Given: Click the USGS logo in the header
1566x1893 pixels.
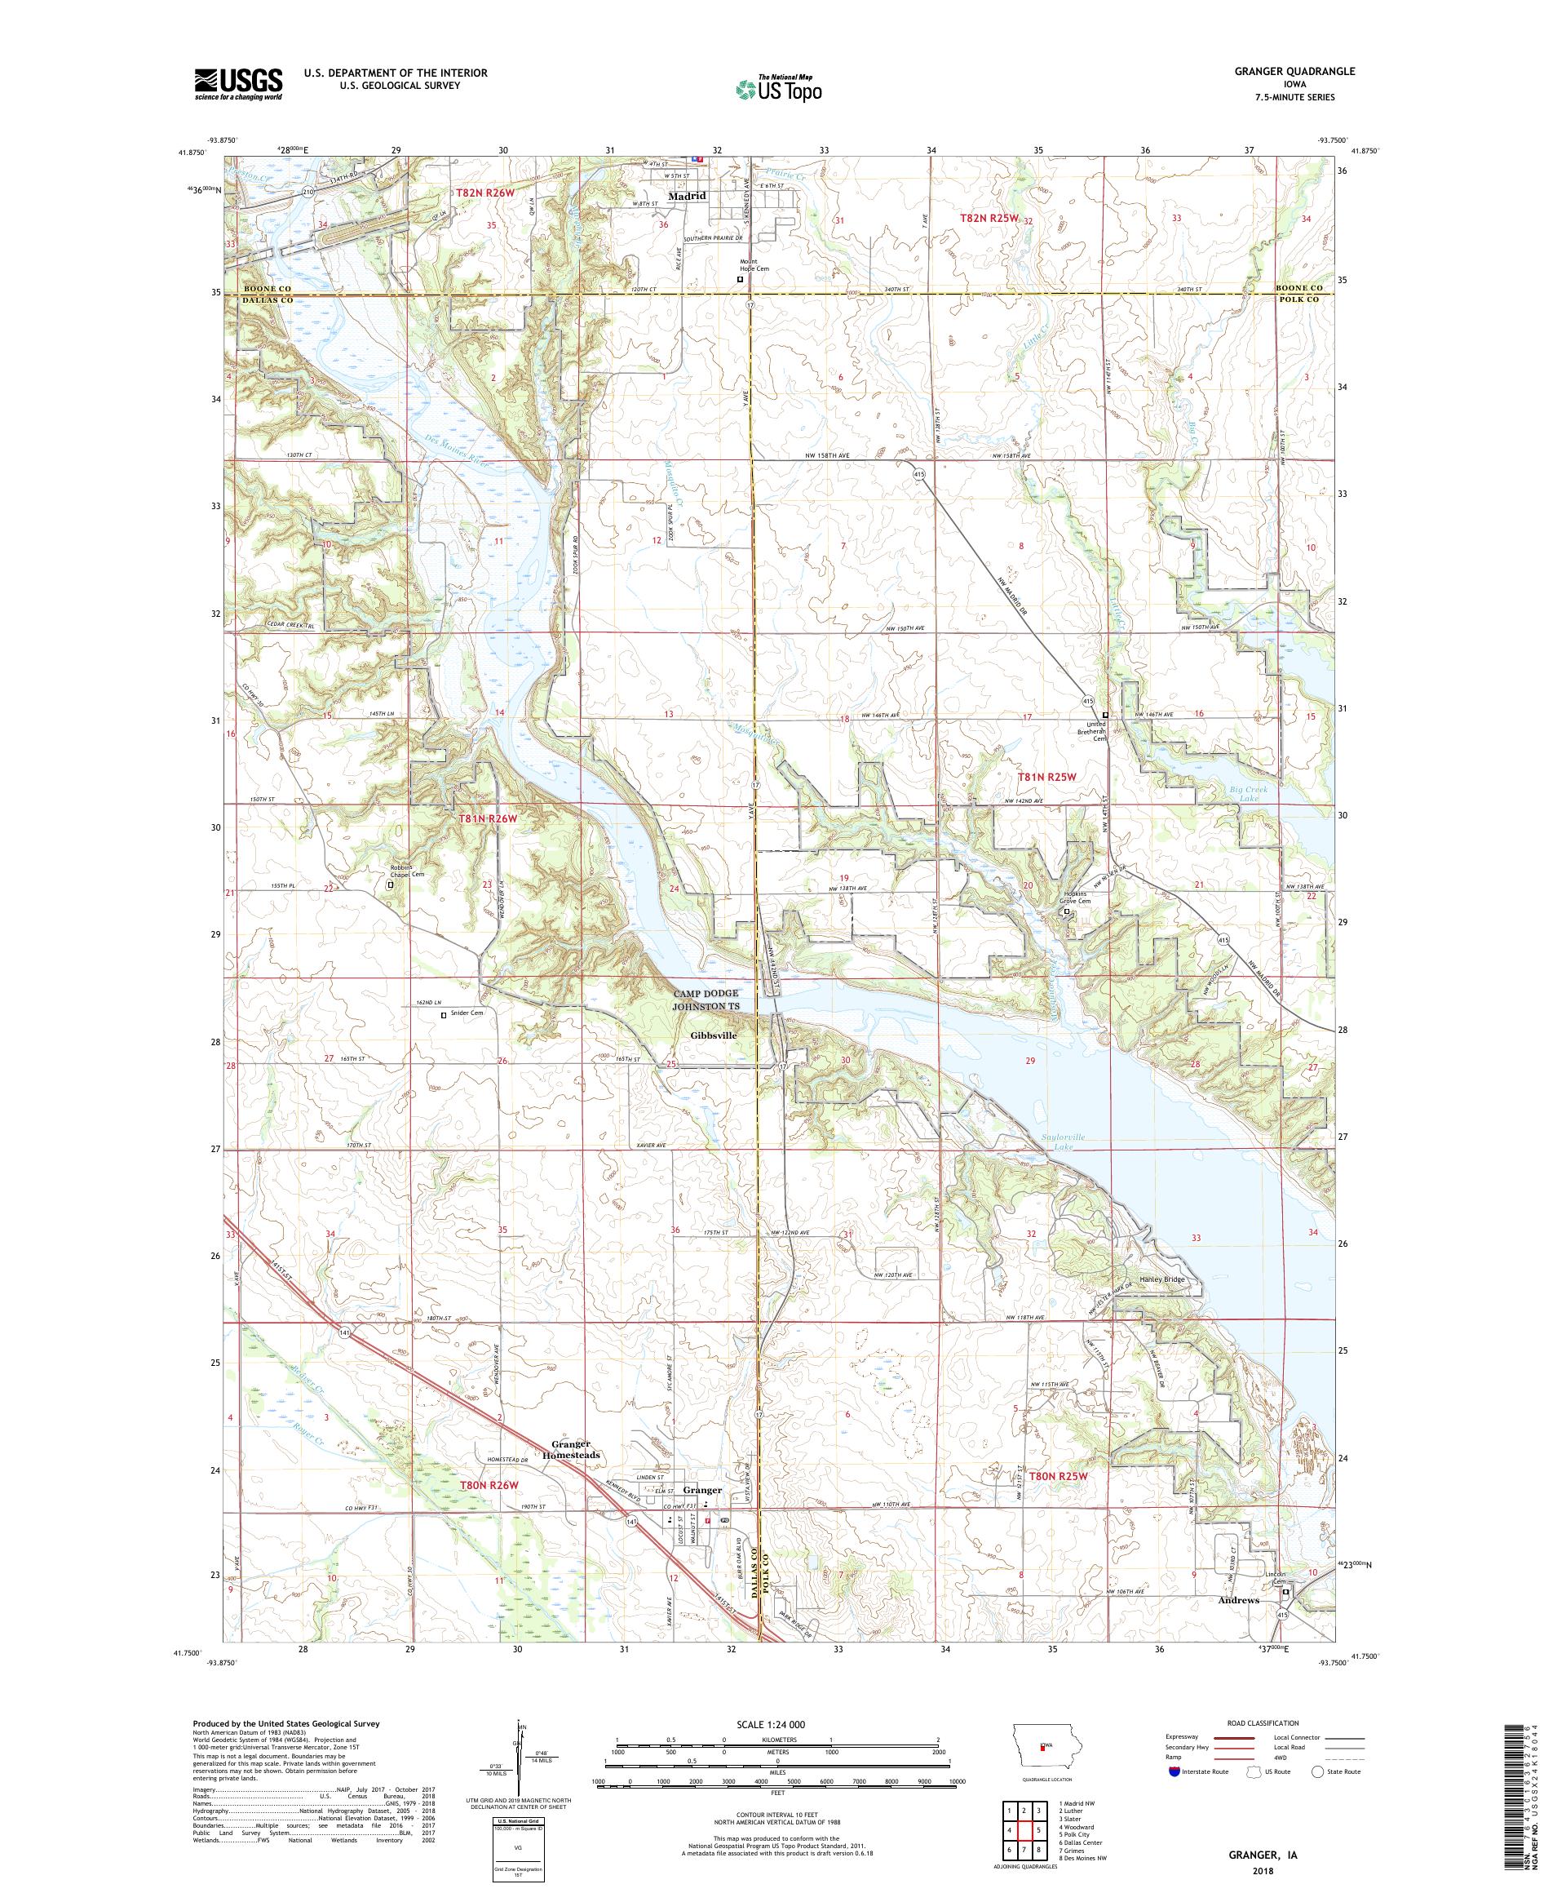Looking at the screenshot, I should pos(238,85).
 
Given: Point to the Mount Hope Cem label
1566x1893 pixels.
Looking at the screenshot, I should pos(749,268).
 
